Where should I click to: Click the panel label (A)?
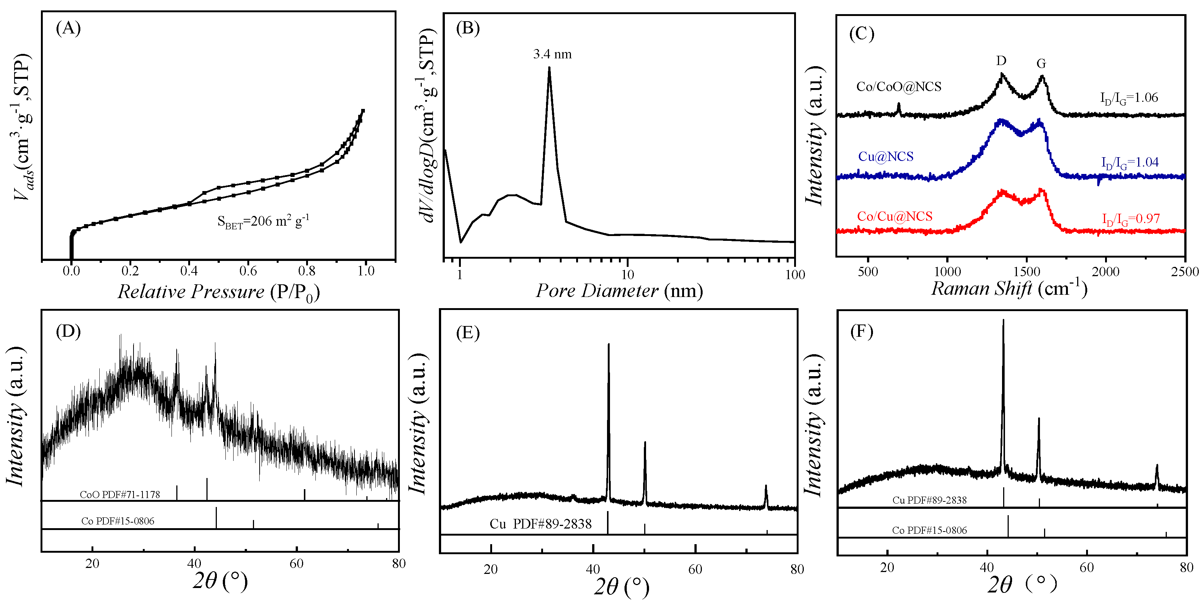[68, 29]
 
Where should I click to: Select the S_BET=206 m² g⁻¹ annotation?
[263, 222]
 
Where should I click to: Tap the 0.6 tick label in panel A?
[248, 271]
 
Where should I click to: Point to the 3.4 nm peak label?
[552, 54]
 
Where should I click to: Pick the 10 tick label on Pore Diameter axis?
[627, 275]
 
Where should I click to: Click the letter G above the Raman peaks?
[1041, 64]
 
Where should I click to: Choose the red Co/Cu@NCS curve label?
[895, 216]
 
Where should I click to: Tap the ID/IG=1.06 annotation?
[1129, 98]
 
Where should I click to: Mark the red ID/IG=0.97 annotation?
[1131, 219]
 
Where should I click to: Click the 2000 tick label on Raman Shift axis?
[1105, 272]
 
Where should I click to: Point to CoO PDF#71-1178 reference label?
[120, 494]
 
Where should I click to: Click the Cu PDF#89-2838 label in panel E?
[540, 524]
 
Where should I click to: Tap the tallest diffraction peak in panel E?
[608, 345]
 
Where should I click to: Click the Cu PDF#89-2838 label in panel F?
[929, 500]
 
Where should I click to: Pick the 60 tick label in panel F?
[1087, 568]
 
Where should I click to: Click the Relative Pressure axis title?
[218, 292]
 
